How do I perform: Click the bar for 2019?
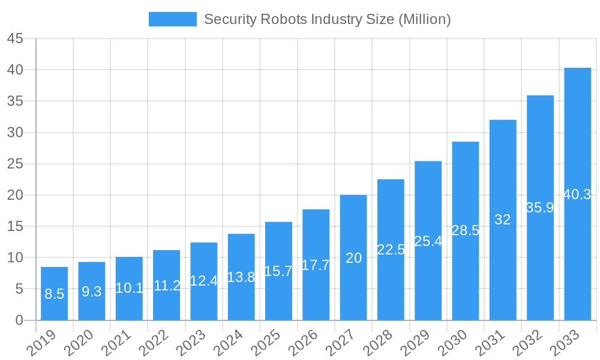click(x=54, y=293)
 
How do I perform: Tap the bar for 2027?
click(x=353, y=257)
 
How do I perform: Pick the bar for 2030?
click(x=466, y=230)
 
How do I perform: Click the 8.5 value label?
click(x=54, y=294)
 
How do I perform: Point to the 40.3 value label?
click(x=577, y=194)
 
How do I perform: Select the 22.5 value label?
click(x=391, y=250)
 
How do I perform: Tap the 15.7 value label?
click(x=278, y=271)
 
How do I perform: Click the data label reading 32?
click(x=503, y=220)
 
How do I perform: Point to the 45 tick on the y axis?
click(x=15, y=38)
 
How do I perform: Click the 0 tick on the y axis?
click(x=19, y=320)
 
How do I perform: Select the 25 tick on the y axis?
click(x=15, y=164)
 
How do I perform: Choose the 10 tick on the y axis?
click(x=15, y=257)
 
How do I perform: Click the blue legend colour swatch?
click(x=173, y=19)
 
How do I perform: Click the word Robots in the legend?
click(x=283, y=19)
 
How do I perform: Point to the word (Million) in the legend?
click(x=424, y=19)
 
